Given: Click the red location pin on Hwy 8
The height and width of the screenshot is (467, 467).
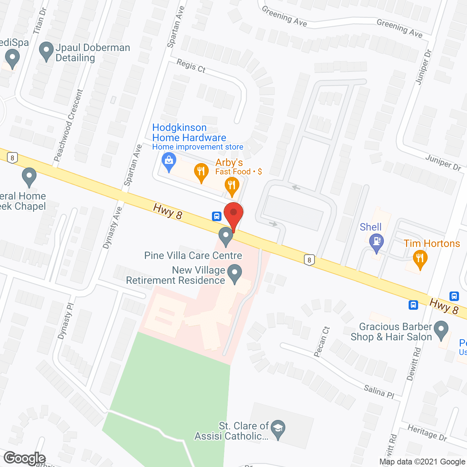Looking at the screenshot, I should tap(233, 213).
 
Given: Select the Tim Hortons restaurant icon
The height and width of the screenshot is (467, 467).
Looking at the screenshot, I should tap(420, 259).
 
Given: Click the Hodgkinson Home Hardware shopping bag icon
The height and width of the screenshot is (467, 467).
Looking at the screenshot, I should tap(169, 161).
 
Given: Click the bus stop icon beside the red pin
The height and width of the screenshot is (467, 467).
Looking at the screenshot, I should tap(217, 216).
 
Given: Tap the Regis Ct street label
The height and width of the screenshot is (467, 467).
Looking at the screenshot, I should tap(191, 66).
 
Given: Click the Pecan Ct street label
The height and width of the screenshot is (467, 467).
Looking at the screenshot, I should tap(321, 342).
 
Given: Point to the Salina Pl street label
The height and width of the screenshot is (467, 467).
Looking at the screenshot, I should tap(379, 392).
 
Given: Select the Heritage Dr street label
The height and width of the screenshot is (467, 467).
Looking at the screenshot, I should tap(427, 432).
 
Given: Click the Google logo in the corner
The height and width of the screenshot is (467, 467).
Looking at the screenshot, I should tap(25, 458).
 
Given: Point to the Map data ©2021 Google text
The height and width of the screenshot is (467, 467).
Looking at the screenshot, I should tap(422, 462).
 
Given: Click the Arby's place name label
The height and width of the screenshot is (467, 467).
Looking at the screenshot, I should tap(229, 162).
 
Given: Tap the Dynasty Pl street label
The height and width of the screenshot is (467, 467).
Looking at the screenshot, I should tap(66, 321).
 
